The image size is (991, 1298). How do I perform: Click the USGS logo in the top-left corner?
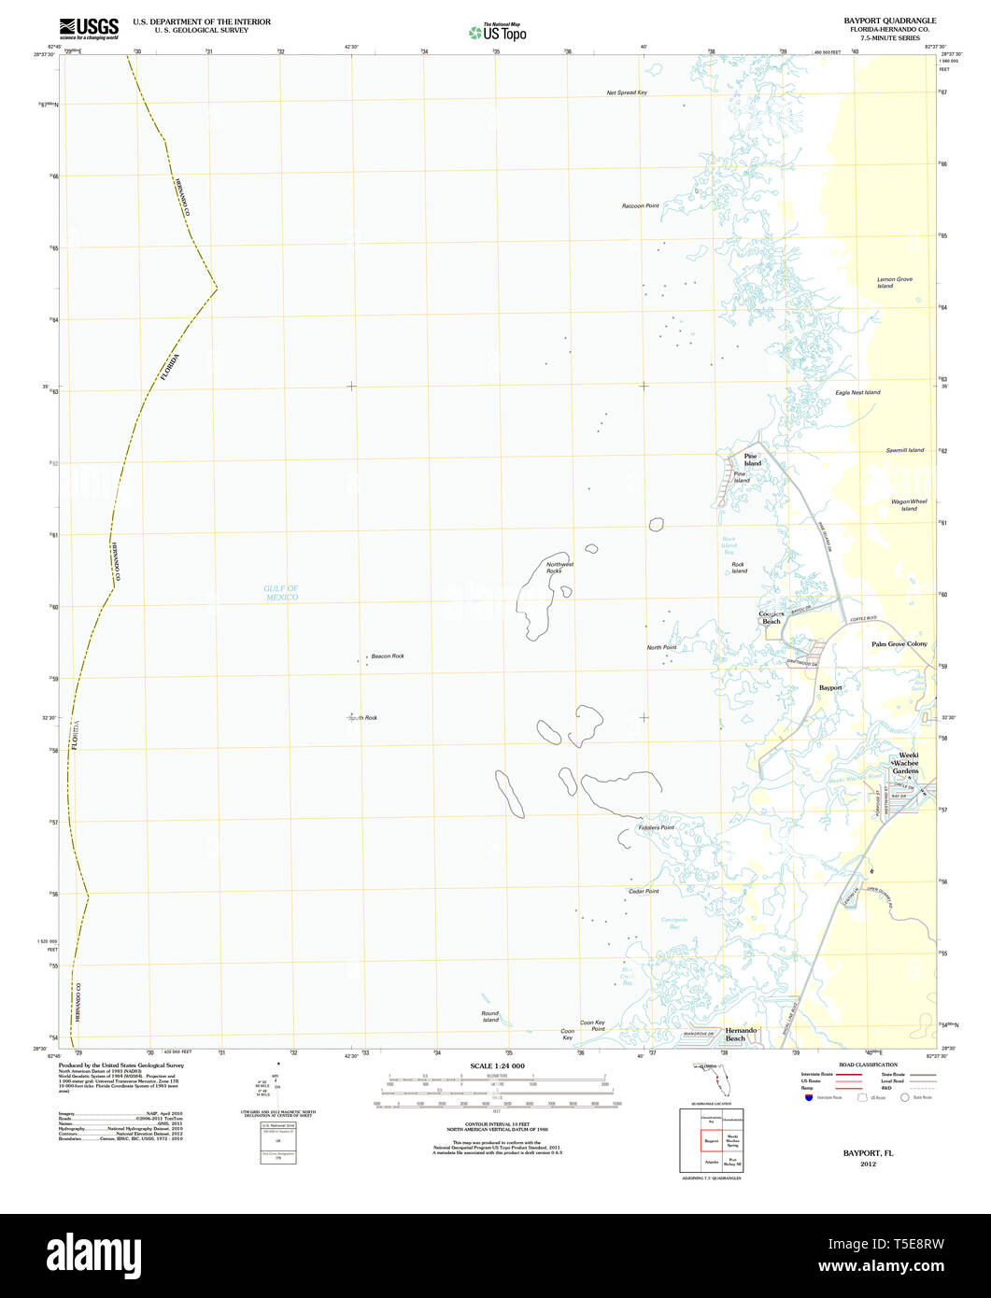(89, 28)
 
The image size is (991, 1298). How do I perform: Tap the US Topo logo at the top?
(498, 32)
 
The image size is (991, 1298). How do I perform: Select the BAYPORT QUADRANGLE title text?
(889, 20)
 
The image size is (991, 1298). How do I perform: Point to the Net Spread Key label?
(626, 92)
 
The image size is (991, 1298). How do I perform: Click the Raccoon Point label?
(640, 205)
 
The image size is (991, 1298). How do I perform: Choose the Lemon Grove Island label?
(894, 282)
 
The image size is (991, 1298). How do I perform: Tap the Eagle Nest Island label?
(857, 392)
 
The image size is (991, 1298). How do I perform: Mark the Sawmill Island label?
(904, 450)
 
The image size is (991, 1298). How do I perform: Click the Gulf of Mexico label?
(280, 593)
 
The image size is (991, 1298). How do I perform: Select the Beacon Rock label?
(387, 656)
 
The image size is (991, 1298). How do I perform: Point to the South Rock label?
(362, 718)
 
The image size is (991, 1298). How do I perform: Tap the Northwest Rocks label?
(559, 568)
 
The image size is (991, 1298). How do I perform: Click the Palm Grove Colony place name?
(899, 644)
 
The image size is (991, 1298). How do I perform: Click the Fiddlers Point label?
(656, 827)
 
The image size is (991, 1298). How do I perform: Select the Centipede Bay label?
(674, 923)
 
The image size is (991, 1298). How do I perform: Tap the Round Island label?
(489, 1016)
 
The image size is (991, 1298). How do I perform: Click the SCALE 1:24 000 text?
(497, 1065)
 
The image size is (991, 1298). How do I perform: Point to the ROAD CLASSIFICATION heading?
(868, 1065)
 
